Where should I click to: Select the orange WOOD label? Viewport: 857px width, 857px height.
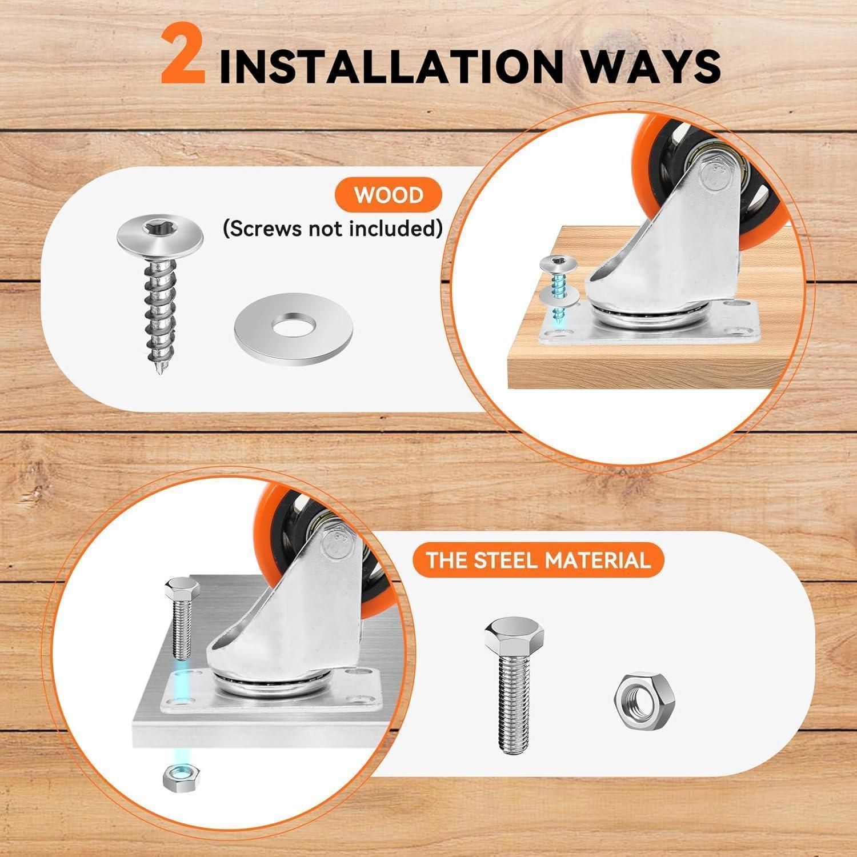pyautogui.click(x=389, y=195)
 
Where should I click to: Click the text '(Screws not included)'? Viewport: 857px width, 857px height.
pyautogui.click(x=333, y=229)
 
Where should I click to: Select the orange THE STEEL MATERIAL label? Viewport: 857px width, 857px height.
pyautogui.click(x=538, y=559)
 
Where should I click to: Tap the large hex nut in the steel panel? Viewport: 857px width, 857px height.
pyautogui.click(x=643, y=694)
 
